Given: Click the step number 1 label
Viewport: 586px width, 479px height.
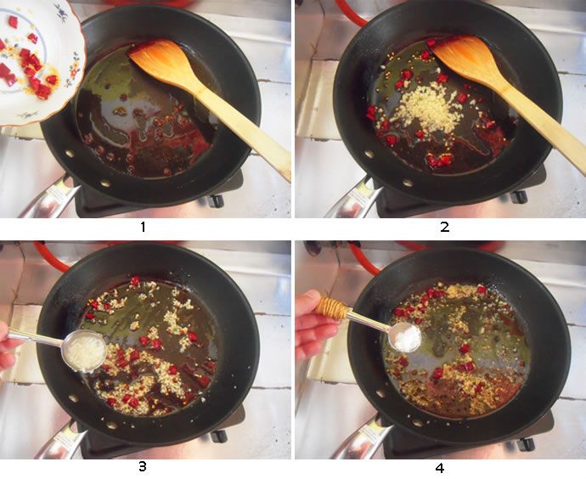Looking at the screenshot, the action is [x=143, y=227].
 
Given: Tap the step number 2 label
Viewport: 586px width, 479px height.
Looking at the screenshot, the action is [x=445, y=227].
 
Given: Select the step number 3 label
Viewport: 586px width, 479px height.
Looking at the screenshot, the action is [x=143, y=466].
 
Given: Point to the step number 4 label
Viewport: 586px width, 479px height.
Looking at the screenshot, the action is [x=440, y=467].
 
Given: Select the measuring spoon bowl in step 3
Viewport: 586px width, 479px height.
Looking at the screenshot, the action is [x=85, y=352].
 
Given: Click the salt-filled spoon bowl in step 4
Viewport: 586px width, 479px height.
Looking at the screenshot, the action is [x=405, y=337].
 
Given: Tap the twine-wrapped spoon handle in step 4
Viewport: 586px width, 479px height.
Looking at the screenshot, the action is [x=332, y=308].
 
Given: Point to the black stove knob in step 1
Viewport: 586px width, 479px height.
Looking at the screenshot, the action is [x=216, y=201].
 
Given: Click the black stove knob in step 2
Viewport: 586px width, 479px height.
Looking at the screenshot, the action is [x=520, y=196].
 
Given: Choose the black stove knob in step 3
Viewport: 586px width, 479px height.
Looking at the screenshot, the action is [x=219, y=436].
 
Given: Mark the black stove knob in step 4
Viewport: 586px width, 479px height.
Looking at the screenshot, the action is [x=527, y=444].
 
